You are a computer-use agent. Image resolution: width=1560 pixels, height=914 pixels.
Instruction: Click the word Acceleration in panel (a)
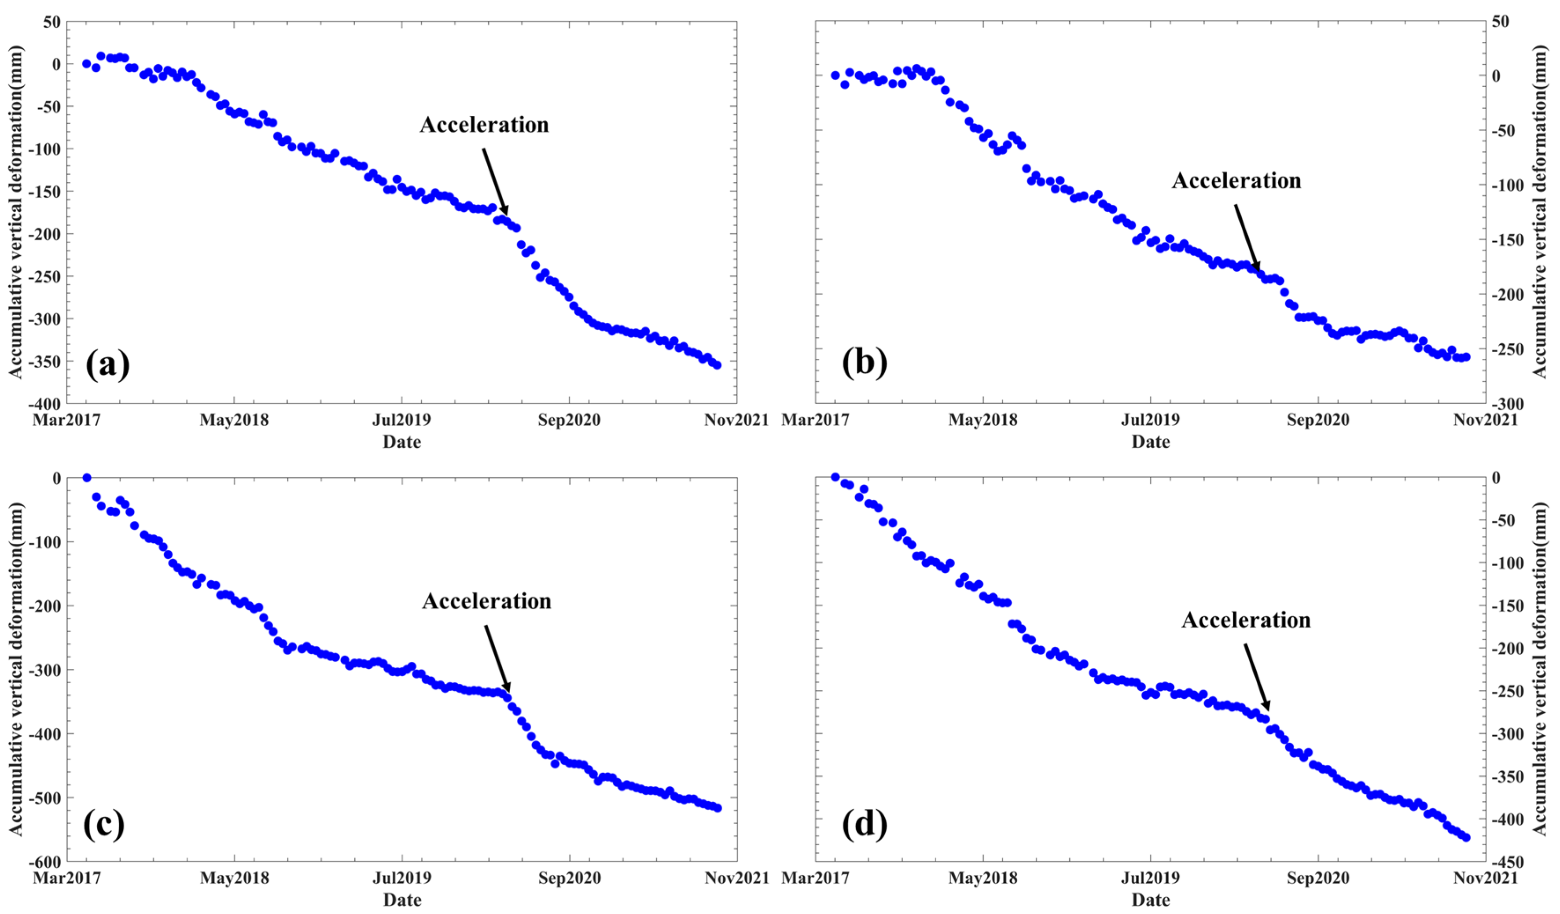tap(484, 125)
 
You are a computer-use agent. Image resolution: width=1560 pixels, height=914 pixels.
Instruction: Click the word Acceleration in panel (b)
tap(1236, 181)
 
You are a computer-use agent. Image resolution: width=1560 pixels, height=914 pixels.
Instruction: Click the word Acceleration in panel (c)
tap(486, 601)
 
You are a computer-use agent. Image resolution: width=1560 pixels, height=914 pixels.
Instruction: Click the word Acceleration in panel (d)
tap(1246, 620)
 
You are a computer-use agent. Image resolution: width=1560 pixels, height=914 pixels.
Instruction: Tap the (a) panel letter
tap(108, 364)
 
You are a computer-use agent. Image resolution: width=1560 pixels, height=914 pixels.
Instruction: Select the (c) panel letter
tap(103, 824)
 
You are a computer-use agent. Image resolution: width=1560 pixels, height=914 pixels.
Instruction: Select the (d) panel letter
tap(864, 824)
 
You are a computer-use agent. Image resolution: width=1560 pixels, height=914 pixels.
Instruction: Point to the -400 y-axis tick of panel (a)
tap(44, 404)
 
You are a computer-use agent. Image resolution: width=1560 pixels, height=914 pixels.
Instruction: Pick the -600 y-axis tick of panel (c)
tap(44, 862)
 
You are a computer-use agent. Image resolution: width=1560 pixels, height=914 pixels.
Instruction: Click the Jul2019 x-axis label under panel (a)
tap(402, 420)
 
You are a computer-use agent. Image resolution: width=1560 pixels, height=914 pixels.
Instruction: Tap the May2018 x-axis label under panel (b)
tap(983, 420)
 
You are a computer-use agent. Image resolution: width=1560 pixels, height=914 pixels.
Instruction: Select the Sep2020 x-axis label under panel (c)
tap(569, 878)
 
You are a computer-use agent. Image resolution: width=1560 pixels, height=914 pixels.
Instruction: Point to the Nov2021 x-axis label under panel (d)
tap(1486, 878)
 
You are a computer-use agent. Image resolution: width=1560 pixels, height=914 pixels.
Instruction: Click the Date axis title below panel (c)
tap(402, 900)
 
